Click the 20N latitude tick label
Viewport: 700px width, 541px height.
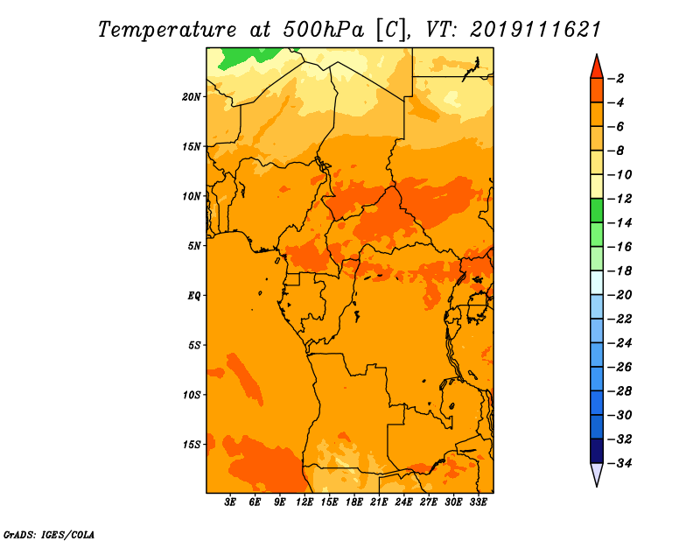(x=192, y=97)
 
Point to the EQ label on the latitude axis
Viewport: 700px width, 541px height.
(x=193, y=296)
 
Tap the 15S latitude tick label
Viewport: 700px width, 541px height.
(x=192, y=445)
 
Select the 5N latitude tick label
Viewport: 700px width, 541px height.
(x=194, y=246)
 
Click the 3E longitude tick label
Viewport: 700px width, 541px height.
(x=230, y=502)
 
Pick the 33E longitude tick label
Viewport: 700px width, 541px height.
(x=478, y=502)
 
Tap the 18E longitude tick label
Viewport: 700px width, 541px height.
(x=354, y=502)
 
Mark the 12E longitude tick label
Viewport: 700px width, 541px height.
(x=304, y=502)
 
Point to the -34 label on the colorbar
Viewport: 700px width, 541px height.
(x=619, y=463)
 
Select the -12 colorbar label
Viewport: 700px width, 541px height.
(x=619, y=199)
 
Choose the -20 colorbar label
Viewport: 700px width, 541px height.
(x=619, y=295)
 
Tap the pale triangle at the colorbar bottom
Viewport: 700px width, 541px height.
(x=597, y=474)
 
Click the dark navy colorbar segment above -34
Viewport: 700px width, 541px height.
(x=597, y=451)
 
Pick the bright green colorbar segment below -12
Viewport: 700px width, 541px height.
(x=597, y=211)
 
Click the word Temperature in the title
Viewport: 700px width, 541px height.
(x=167, y=30)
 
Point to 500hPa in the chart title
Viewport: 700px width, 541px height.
(x=323, y=30)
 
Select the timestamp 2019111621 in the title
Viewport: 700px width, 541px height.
(x=535, y=30)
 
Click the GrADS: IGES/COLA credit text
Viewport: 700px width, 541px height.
(x=49, y=535)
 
